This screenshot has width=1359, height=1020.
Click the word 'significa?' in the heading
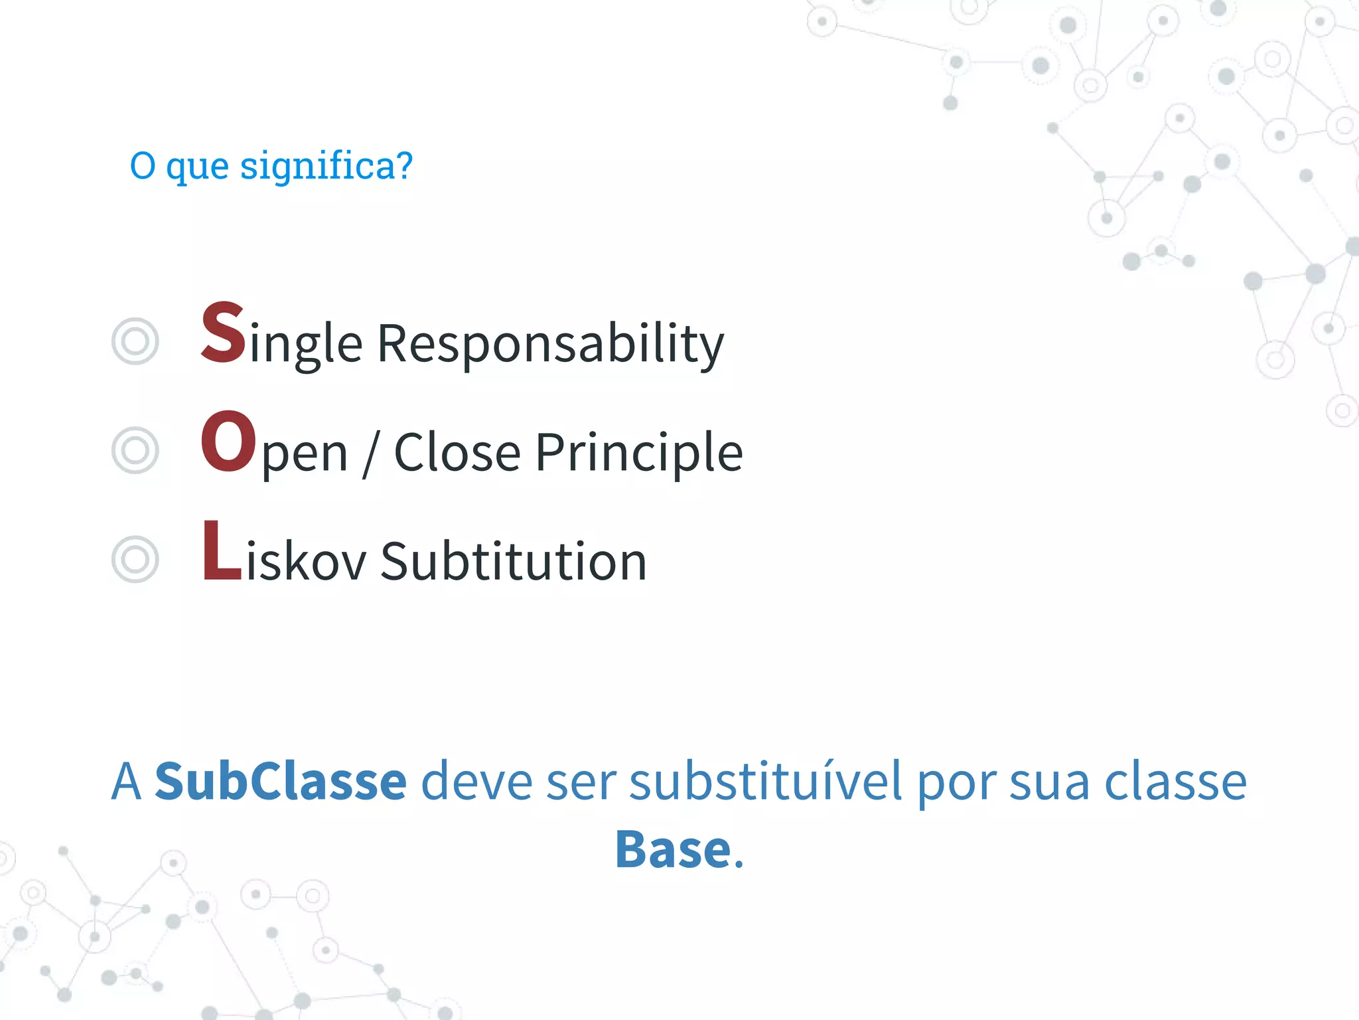(x=326, y=166)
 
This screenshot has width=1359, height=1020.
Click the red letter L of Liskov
(x=222, y=551)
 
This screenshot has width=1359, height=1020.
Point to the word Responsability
(x=550, y=344)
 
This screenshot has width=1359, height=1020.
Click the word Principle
(x=638, y=453)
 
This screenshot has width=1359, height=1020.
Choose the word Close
(x=457, y=453)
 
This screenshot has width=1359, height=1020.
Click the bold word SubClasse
(x=280, y=782)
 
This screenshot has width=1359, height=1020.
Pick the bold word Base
(x=673, y=849)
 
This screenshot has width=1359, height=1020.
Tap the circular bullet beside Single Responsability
(x=135, y=341)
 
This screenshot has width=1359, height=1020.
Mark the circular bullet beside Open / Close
(x=135, y=450)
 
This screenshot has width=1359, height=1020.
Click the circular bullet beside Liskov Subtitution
(x=135, y=559)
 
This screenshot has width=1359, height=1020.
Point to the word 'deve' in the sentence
(x=476, y=782)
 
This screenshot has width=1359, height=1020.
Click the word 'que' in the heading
(x=197, y=167)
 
